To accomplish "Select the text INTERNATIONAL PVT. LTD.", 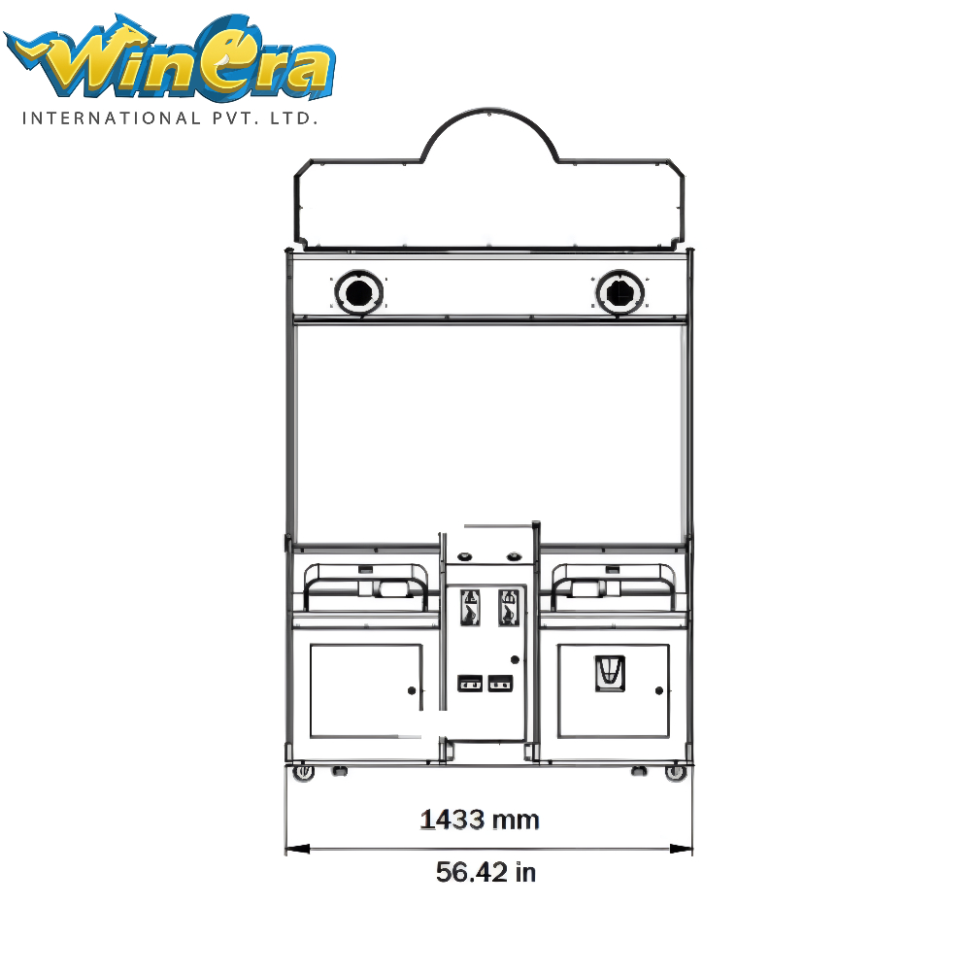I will coord(171,118).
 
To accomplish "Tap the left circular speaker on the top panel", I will coord(358,292).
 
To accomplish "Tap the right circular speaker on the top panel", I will coord(618,292).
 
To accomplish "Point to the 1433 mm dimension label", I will coord(480,820).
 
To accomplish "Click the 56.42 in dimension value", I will coord(485,872).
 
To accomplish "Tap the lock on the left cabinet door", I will coord(413,690).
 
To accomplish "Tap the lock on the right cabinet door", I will coord(659,690).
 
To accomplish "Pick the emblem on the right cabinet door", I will coord(610,674).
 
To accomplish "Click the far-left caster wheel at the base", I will coord(303,773).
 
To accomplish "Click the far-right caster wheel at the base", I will coord(674,773).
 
